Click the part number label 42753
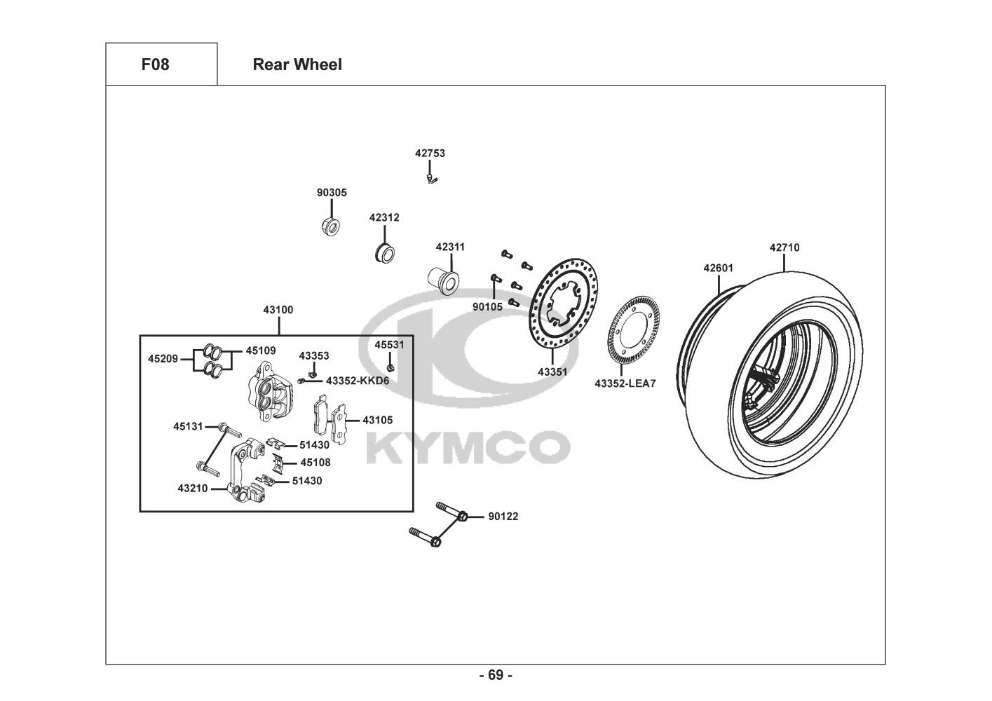pyautogui.click(x=430, y=154)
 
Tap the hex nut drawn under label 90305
pyautogui.click(x=330, y=226)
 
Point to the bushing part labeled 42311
pyautogui.click(x=443, y=280)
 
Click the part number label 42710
pyautogui.click(x=784, y=247)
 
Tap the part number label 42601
pyautogui.click(x=719, y=268)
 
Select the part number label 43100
pyautogui.click(x=278, y=310)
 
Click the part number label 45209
pyautogui.click(x=163, y=359)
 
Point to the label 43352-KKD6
pyautogui.click(x=358, y=381)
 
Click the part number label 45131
pyautogui.click(x=188, y=426)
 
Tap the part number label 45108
pyautogui.click(x=315, y=463)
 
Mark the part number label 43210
pyautogui.click(x=193, y=489)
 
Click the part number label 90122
pyautogui.click(x=503, y=517)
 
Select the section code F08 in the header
pyautogui.click(x=156, y=64)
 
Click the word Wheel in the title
pyautogui.click(x=319, y=64)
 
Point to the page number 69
pyautogui.click(x=496, y=675)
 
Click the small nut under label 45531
pyautogui.click(x=390, y=368)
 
